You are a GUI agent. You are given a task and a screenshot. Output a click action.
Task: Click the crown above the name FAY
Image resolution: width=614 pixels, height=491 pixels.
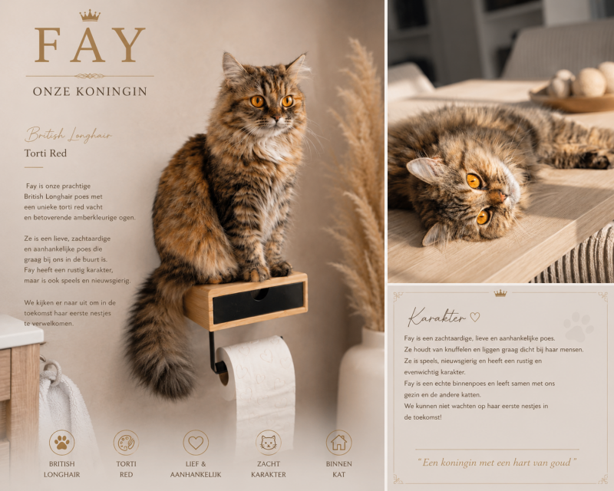tap(90, 15)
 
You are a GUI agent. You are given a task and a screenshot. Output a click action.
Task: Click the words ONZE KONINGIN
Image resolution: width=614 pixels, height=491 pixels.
tap(90, 91)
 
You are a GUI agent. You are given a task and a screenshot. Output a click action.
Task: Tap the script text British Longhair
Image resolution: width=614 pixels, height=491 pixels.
tap(68, 135)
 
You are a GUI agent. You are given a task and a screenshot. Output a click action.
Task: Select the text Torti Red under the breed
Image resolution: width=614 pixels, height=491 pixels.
tap(45, 153)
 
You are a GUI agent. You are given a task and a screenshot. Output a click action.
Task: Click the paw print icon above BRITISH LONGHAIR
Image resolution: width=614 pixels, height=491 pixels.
tap(62, 443)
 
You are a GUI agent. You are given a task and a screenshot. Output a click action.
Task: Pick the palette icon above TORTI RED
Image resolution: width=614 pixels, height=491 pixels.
tap(126, 443)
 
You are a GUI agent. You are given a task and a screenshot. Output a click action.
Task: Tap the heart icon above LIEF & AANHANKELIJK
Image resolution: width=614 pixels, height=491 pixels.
tap(196, 443)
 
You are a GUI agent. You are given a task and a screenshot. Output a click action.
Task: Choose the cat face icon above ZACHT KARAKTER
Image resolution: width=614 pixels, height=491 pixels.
tap(269, 443)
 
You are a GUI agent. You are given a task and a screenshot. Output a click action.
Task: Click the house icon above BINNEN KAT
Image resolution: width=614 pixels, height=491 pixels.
tap(338, 443)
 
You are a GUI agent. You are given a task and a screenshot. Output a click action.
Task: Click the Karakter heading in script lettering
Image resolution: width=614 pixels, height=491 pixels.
tap(437, 316)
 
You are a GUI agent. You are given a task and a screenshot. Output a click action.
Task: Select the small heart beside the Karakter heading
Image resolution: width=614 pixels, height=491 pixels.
tap(475, 316)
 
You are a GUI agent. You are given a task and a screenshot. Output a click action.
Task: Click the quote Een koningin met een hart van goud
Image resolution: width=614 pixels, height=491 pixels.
tap(497, 463)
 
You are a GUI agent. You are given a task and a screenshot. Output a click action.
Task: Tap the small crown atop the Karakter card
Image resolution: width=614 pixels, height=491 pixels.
tap(500, 293)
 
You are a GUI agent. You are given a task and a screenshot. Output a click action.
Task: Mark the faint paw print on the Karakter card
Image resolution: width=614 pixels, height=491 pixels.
tap(579, 327)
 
